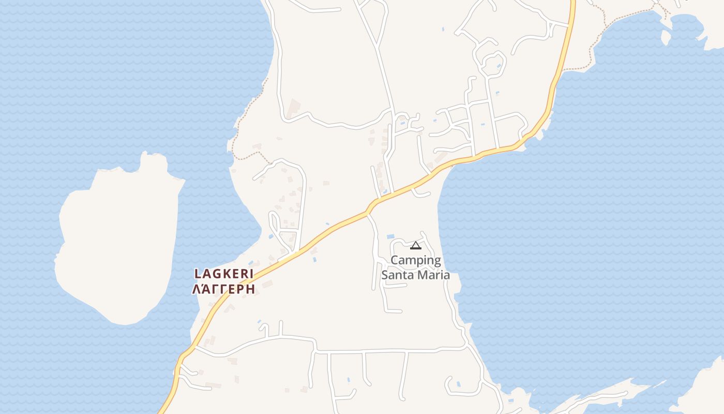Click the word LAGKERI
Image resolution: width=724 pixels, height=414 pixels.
[223, 274]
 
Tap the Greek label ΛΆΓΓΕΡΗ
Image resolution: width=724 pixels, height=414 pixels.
[223, 289]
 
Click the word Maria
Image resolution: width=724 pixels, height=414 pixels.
[433, 275]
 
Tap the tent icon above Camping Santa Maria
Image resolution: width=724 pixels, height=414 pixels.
[416, 245]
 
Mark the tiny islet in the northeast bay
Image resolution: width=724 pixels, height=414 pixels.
[666, 37]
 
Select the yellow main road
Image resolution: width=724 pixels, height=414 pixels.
[331, 228]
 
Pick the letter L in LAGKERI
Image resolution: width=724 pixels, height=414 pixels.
[197, 274]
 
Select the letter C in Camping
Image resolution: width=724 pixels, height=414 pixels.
[395, 260]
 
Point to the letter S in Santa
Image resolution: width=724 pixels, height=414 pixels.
[385, 275]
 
